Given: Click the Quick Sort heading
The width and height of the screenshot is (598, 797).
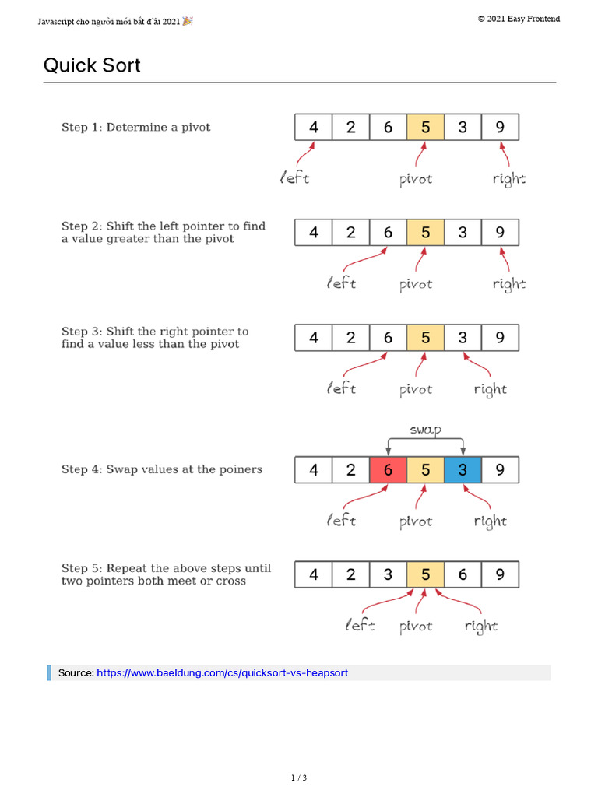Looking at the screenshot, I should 92,65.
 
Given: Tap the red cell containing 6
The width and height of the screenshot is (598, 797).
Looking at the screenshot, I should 388,469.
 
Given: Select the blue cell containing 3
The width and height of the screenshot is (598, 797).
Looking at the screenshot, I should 463,469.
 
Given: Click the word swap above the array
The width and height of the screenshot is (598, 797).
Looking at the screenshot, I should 425,430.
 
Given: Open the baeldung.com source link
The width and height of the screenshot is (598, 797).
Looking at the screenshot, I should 222,672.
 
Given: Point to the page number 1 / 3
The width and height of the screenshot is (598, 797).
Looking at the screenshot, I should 299,778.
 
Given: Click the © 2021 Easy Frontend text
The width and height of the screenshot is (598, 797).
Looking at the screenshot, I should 519,19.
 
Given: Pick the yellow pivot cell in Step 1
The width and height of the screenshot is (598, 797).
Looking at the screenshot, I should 425,127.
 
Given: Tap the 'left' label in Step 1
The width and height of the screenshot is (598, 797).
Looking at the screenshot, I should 295,178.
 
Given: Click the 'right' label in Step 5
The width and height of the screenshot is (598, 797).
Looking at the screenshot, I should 481,626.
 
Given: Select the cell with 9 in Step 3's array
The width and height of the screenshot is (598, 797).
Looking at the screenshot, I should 500,337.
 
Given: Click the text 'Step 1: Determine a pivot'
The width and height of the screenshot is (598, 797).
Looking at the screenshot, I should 136,127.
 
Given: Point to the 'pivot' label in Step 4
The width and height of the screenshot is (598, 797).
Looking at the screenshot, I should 416,521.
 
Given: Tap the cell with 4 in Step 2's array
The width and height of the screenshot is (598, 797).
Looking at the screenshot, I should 314,232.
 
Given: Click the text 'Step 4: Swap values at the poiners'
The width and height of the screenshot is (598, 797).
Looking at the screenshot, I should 162,469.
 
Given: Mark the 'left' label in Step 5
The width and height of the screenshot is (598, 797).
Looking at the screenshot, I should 361,626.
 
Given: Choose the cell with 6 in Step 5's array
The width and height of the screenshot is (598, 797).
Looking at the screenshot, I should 463,574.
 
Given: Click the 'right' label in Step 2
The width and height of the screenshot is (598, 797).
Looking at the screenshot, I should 509,284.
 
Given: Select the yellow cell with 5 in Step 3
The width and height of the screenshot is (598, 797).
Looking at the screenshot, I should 425,337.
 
